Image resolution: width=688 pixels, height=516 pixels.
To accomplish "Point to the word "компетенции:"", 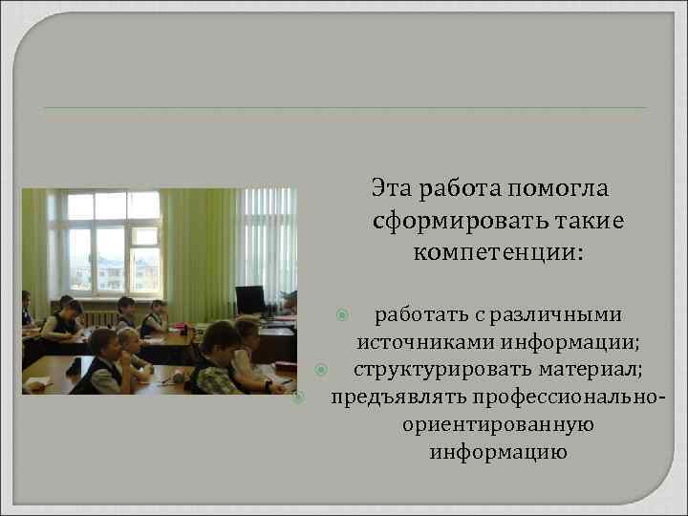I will [x=499, y=253].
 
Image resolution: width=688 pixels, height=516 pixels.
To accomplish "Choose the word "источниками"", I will [x=417, y=342].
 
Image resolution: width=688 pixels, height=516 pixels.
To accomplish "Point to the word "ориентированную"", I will [x=499, y=424].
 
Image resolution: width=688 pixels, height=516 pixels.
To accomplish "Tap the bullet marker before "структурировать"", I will [x=322, y=369].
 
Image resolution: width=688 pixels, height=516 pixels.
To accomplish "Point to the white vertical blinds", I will [x=269, y=239].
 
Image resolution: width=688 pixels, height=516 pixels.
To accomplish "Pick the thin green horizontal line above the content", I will [x=344, y=107].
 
